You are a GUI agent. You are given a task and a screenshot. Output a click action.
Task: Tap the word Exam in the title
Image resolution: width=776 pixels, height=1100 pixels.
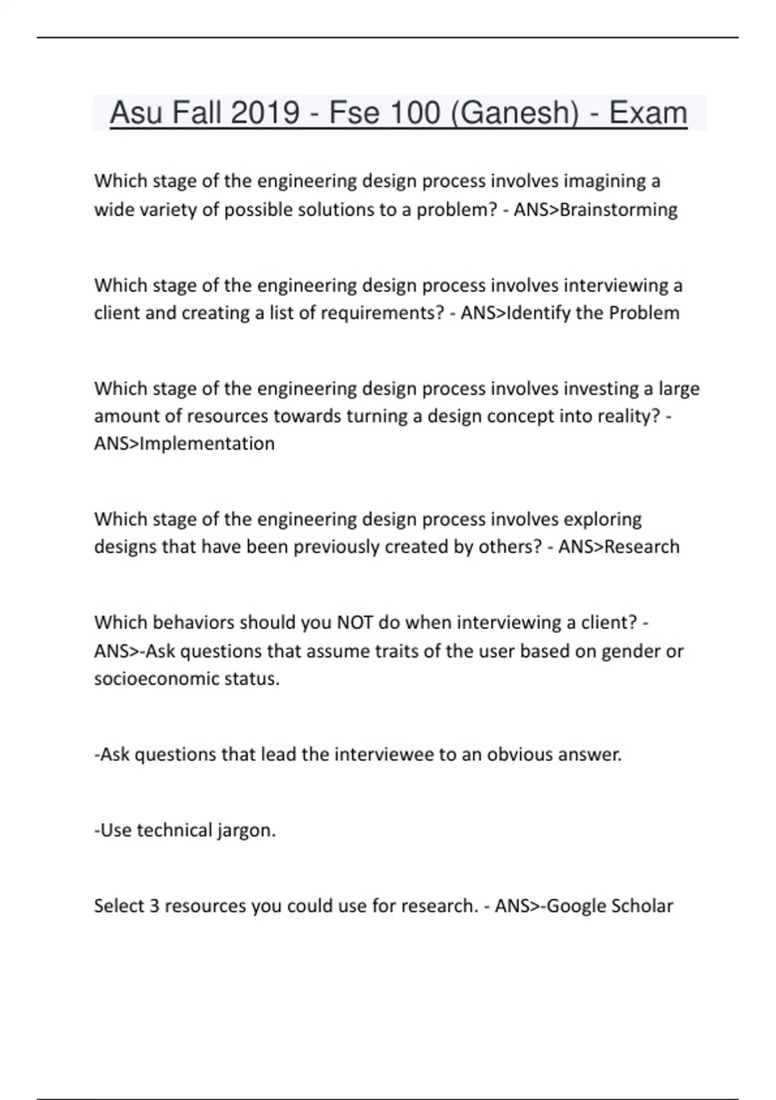pos(648,113)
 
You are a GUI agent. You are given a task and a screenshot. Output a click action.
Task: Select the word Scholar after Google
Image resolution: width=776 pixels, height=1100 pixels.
pos(642,906)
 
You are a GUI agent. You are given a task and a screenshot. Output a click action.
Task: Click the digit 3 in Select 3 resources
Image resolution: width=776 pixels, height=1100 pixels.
pos(154,906)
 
